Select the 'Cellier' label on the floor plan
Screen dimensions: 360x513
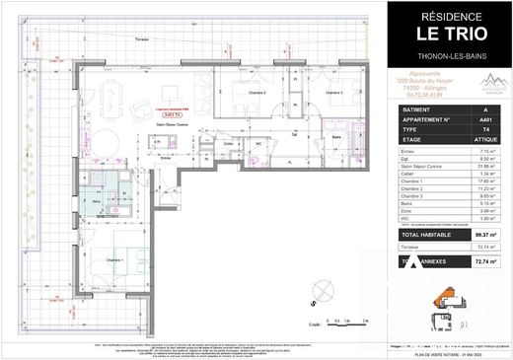pos(228,145)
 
